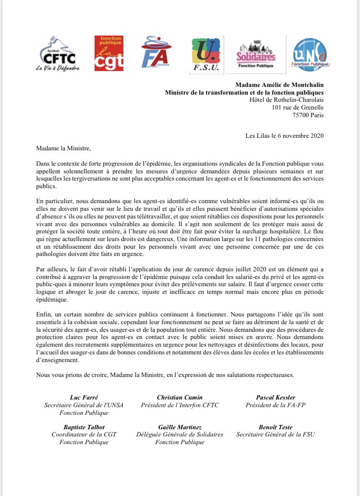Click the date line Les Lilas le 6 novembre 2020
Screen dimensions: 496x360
click(284, 135)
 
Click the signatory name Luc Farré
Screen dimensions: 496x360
click(84, 397)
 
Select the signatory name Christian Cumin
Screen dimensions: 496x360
click(180, 397)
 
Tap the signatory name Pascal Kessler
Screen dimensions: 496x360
click(276, 397)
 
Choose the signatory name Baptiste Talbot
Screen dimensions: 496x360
click(84, 427)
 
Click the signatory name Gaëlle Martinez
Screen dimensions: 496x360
click(180, 427)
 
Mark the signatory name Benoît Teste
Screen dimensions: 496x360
click(276, 427)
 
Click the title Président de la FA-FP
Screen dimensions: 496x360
click(276, 405)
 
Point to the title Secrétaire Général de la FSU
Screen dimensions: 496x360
click(276, 435)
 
